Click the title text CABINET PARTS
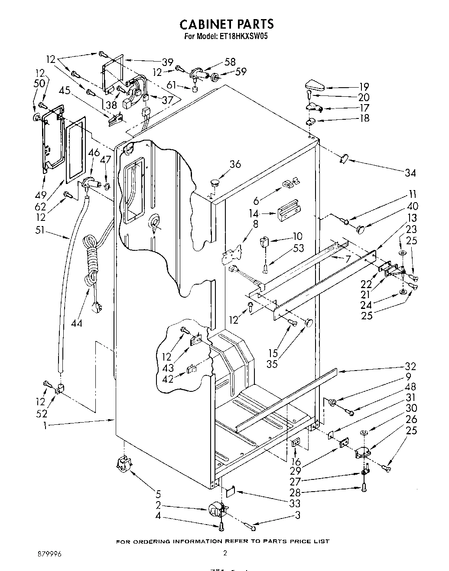coord(227,23)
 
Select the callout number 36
coord(234,164)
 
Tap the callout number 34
coord(410,173)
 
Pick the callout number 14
coord(254,213)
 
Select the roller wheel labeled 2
coord(215,509)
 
